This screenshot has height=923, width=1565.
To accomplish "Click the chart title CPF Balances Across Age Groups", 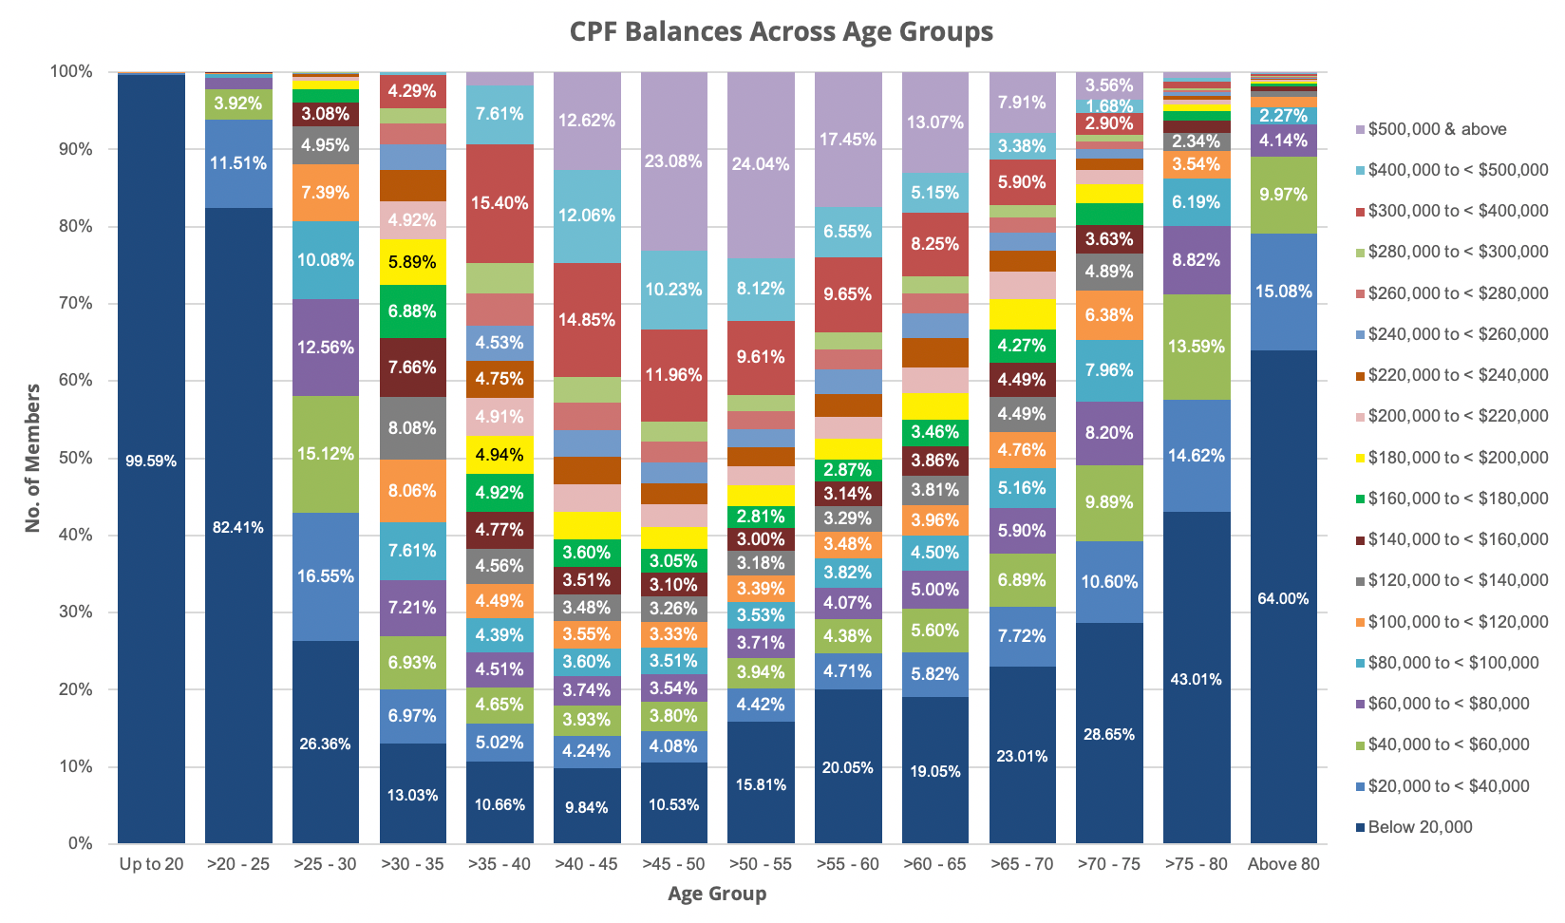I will [x=781, y=32].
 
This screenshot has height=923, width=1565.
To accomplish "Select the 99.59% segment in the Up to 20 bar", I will [x=151, y=461].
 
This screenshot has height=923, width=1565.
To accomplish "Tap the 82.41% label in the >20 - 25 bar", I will [x=238, y=528].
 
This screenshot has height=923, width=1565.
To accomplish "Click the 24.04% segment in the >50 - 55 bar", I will [x=761, y=164].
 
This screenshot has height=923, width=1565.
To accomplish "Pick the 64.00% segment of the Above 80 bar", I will [x=1283, y=598].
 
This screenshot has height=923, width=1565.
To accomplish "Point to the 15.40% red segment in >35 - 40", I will [x=500, y=203].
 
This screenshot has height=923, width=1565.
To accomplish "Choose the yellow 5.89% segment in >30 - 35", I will [x=412, y=262].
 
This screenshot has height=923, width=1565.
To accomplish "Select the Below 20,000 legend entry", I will [x=1420, y=827].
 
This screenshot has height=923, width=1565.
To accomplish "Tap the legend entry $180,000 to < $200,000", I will [x=1458, y=458].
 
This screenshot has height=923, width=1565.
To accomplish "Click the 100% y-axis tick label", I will [x=72, y=72].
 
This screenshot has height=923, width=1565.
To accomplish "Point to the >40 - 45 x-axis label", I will [x=587, y=864].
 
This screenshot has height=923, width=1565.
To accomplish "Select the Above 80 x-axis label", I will [x=1283, y=864].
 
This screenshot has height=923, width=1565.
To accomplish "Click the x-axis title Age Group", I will [x=717, y=894].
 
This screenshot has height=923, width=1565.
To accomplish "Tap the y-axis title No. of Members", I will [x=33, y=458].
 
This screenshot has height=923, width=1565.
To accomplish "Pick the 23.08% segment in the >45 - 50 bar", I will [x=673, y=161].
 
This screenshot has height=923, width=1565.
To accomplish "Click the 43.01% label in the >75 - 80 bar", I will [x=1196, y=679].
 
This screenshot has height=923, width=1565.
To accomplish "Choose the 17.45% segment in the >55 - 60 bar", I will [x=848, y=140].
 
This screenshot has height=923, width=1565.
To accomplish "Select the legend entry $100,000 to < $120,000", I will [x=1458, y=622].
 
